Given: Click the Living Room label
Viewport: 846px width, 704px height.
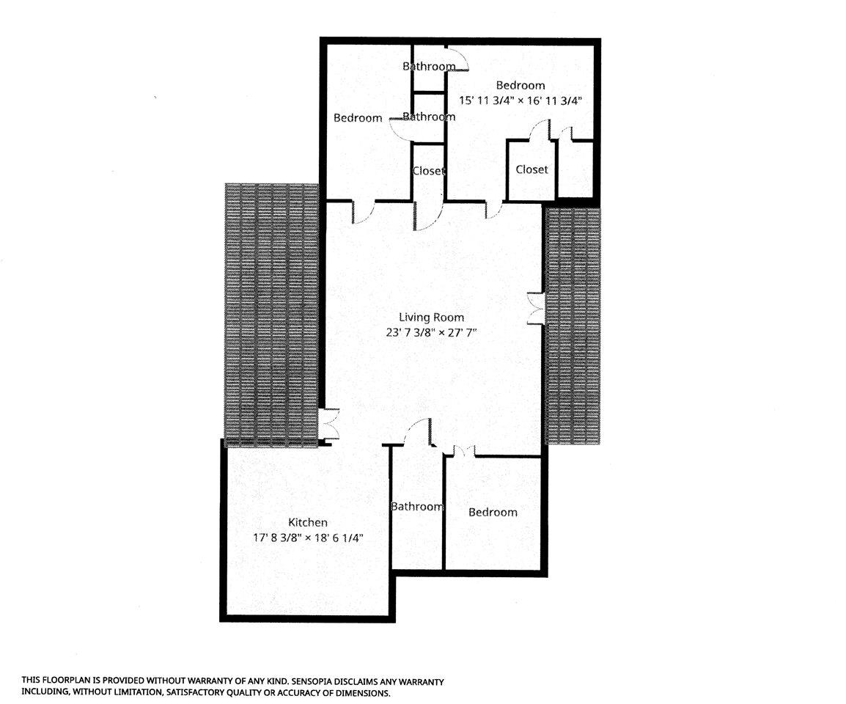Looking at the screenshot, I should tap(431, 318).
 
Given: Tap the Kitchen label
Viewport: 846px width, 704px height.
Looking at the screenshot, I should tap(307, 523).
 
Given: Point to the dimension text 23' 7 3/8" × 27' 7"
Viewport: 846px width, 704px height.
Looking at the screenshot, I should tap(431, 332).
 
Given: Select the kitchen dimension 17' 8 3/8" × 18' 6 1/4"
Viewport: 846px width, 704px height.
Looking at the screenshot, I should tap(307, 538).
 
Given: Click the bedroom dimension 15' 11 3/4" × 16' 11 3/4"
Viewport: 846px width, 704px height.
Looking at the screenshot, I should tap(520, 100).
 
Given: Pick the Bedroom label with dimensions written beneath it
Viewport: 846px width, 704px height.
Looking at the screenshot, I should tap(520, 86).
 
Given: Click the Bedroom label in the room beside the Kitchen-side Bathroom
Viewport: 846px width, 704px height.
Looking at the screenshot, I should tap(493, 513).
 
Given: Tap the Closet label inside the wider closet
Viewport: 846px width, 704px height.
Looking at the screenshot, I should tap(531, 169).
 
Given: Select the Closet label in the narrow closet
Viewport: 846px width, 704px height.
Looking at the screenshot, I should tap(429, 171).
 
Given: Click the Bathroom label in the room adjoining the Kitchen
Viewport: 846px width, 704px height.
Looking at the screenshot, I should tap(416, 507).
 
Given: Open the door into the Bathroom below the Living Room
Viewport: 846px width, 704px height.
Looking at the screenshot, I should tap(419, 433).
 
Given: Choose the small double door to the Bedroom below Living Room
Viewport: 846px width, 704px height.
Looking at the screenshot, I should tap(463, 452).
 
